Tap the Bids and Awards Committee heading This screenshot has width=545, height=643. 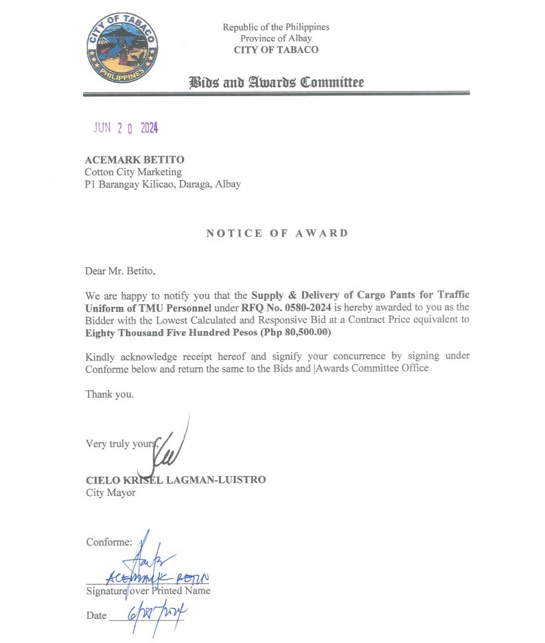tap(276, 83)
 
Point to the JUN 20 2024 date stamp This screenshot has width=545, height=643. tap(126, 128)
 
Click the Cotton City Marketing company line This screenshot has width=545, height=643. tap(133, 172)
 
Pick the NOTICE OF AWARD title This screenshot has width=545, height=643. tap(277, 233)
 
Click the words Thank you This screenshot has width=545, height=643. tap(109, 394)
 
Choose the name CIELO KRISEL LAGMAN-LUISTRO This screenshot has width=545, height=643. tap(175, 480)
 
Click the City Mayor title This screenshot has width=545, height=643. tap(111, 493)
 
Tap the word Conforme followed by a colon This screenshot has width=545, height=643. tap(108, 542)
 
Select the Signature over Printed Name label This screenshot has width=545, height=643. tap(148, 591)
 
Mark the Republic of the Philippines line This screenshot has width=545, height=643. tap(276, 27)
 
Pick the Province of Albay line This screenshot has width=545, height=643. tap(276, 38)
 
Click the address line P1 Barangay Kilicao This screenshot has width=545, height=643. tap(163, 184)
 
